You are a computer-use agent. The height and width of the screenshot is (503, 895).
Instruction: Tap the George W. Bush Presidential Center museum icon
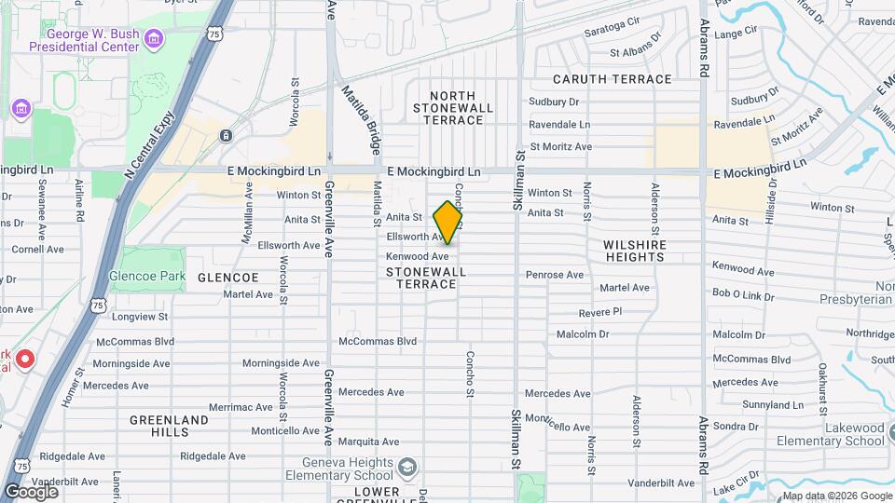[155, 38]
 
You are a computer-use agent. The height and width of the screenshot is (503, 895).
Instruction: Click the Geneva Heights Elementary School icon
[407, 466]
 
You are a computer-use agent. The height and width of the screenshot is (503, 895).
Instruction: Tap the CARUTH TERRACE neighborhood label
[612, 79]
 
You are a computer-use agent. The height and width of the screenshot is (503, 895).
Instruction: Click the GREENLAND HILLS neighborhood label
[169, 426]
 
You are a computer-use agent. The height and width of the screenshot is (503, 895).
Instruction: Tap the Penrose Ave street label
[554, 275]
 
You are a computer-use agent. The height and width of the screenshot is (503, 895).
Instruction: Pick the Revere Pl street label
[599, 311]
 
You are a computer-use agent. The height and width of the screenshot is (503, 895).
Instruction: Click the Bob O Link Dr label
[743, 293]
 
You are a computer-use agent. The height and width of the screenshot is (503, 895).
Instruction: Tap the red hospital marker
[25, 359]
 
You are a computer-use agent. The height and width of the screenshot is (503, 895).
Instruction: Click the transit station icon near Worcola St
[227, 136]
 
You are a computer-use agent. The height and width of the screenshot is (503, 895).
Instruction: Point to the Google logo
[32, 491]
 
